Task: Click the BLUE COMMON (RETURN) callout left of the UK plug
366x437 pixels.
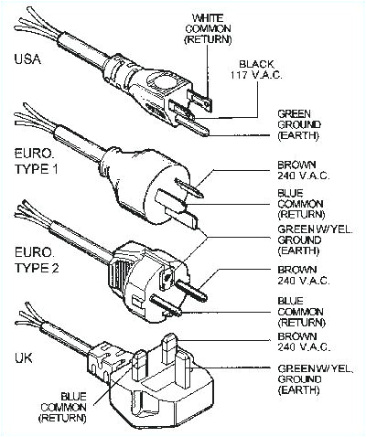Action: pyautogui.click(x=73, y=406)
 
